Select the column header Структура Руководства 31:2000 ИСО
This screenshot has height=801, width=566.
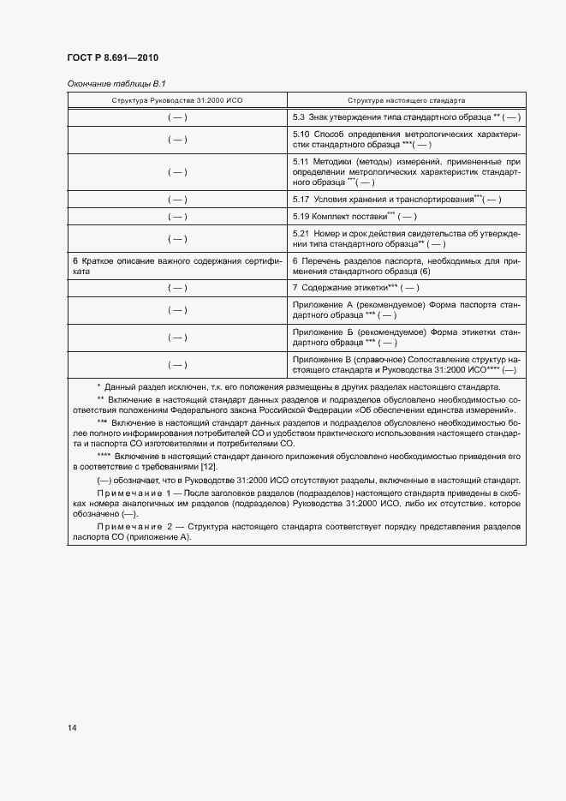177,100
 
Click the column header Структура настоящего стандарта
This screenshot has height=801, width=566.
407,100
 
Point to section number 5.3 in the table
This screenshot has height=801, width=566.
300,116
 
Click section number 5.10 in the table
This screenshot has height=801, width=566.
301,134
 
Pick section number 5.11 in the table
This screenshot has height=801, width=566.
301,161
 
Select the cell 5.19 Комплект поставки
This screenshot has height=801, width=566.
354,216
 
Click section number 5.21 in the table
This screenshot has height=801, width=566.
301,234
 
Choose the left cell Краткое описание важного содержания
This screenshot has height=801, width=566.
177,265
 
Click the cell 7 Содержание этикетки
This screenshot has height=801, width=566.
355,287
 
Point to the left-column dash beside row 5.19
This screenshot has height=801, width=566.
177,216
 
